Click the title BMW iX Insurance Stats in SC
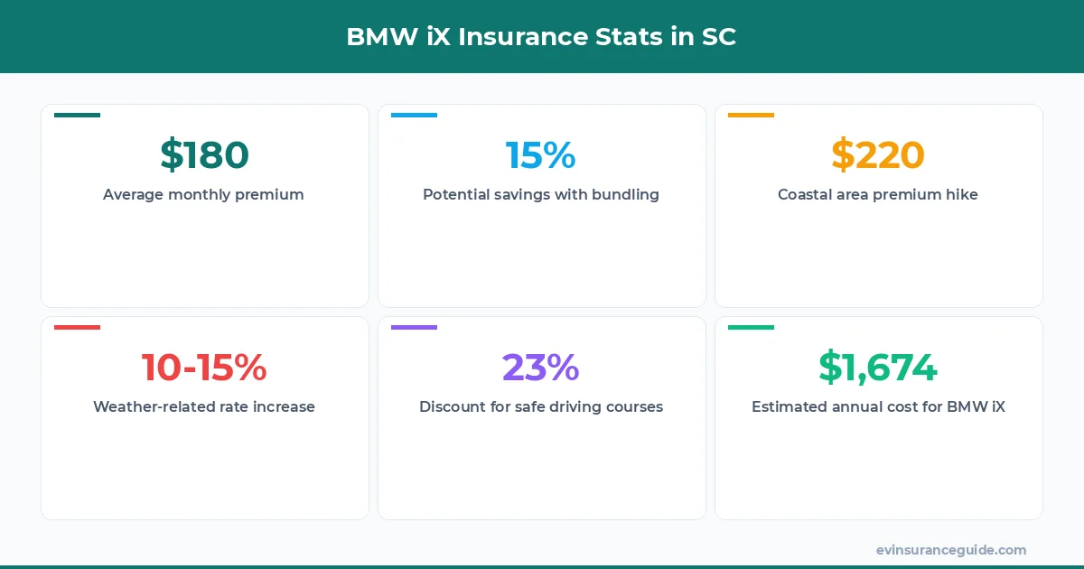pyautogui.click(x=541, y=38)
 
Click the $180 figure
pyautogui.click(x=204, y=155)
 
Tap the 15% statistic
pyautogui.click(x=540, y=155)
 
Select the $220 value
pyautogui.click(x=877, y=155)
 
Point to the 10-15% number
pyautogui.click(x=204, y=368)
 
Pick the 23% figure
pyautogui.click(x=540, y=368)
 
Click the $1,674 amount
pyautogui.click(x=877, y=368)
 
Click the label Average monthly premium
pyautogui.click(x=203, y=194)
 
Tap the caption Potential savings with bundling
pyautogui.click(x=540, y=194)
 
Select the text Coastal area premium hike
pyautogui.click(x=877, y=194)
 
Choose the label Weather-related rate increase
pyautogui.click(x=203, y=406)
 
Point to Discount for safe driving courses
pyautogui.click(x=540, y=406)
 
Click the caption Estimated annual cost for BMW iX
pyautogui.click(x=877, y=406)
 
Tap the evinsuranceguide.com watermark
pyautogui.click(x=950, y=549)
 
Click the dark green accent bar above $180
pyautogui.click(x=77, y=115)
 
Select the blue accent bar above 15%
pyautogui.click(x=414, y=115)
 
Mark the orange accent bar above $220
pyautogui.click(x=751, y=115)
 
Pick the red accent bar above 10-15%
pyautogui.click(x=77, y=327)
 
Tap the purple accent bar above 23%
pyautogui.click(x=414, y=327)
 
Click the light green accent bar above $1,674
pyautogui.click(x=751, y=327)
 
